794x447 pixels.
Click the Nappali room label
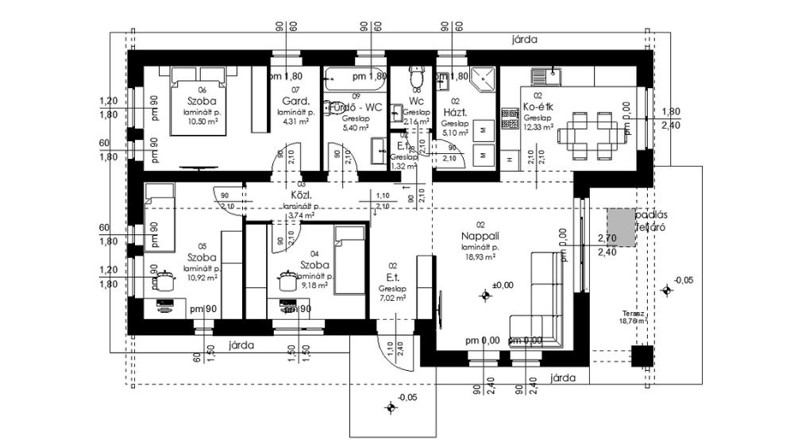(x=478, y=236)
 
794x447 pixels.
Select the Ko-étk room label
(x=538, y=107)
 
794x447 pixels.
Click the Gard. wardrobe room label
(x=295, y=101)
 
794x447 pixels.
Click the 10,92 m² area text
(x=203, y=279)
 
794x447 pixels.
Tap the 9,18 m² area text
(x=315, y=286)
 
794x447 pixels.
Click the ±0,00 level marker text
(x=503, y=284)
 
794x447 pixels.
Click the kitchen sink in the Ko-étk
(x=547, y=78)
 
